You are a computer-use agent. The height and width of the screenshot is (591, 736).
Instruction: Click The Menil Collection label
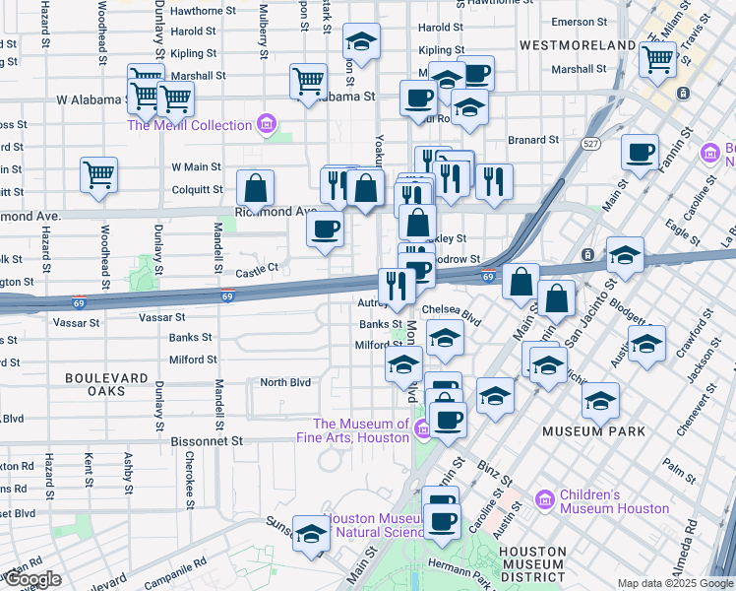190,125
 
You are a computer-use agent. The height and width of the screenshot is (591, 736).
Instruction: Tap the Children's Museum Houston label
614,501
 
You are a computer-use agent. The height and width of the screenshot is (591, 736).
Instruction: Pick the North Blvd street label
284,382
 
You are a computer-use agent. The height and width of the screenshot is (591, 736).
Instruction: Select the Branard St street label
532,141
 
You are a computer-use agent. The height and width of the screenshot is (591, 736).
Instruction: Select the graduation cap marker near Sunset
312,533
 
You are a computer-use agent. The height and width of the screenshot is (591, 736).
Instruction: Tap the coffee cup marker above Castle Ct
325,229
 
